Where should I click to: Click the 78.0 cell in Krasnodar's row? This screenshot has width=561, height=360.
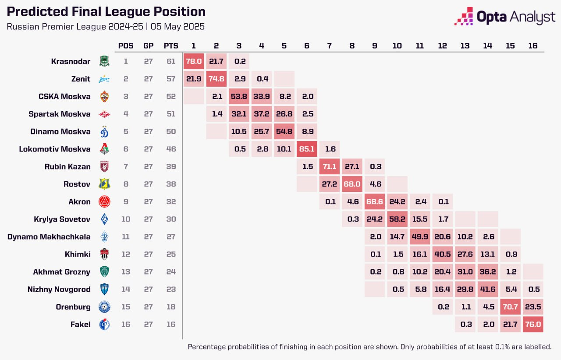tap(193, 61)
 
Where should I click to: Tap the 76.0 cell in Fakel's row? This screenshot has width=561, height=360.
tap(533, 324)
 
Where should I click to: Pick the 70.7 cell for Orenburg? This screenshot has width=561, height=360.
tap(510, 307)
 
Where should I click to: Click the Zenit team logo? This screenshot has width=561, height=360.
tap(104, 79)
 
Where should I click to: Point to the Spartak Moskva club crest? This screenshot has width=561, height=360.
tap(104, 114)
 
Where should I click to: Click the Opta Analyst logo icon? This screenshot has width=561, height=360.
tap(463, 16)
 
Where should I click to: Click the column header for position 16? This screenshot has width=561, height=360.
tap(533, 46)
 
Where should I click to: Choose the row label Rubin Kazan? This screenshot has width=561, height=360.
tap(67, 166)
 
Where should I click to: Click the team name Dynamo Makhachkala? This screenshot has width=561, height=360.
tap(49, 236)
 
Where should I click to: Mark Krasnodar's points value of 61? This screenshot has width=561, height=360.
tap(170, 61)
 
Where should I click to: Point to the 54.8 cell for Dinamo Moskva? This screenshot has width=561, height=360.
tap(284, 131)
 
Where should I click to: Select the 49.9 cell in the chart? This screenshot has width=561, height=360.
tap(419, 236)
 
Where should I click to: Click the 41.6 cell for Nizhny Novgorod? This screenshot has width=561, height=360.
tap(488, 289)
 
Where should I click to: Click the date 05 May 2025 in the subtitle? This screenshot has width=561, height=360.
tap(178, 26)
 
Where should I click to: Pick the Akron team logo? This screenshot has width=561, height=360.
tap(104, 202)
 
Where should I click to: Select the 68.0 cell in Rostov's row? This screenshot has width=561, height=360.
tap(352, 184)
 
